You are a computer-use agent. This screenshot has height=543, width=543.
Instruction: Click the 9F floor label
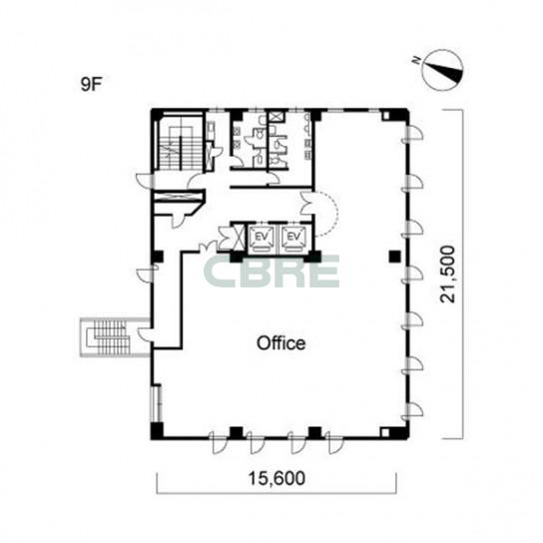(x=92, y=84)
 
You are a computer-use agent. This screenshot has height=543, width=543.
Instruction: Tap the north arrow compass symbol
(x=443, y=70)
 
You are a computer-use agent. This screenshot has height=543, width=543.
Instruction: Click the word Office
(x=280, y=343)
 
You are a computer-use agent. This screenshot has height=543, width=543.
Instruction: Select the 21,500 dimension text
(x=447, y=274)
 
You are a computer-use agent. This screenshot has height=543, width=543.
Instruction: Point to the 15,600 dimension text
(x=276, y=478)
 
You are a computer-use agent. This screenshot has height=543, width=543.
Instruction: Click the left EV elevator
(x=263, y=238)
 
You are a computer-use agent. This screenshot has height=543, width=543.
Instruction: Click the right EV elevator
(x=293, y=238)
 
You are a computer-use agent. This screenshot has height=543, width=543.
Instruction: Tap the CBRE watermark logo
(x=271, y=271)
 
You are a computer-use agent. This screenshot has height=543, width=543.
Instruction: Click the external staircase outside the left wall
(x=110, y=337)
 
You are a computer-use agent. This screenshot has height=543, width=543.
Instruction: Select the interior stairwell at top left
(x=180, y=143)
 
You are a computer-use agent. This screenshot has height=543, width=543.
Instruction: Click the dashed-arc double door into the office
(x=318, y=213)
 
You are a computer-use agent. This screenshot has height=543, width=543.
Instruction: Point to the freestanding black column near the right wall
(x=394, y=257)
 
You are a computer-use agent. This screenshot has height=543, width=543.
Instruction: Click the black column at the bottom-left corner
(x=157, y=430)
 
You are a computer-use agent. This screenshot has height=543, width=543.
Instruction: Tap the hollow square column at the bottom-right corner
(x=385, y=433)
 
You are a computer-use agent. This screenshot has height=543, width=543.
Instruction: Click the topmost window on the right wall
(x=412, y=134)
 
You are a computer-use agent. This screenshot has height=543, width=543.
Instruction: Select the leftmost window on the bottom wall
(x=218, y=442)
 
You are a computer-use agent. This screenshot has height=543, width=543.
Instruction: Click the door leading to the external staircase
(x=145, y=334)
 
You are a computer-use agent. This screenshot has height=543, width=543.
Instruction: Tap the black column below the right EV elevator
(x=313, y=257)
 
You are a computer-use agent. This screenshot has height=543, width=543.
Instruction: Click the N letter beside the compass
(x=416, y=61)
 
